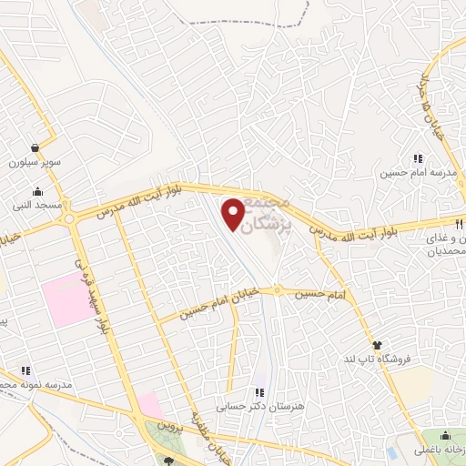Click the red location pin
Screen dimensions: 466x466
click(x=234, y=215)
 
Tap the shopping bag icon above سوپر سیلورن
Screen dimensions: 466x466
click(x=35, y=147)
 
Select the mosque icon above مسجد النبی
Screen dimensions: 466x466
click(x=37, y=192)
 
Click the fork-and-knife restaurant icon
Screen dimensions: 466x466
click(x=459, y=223)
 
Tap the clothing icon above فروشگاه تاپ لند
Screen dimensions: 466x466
click(x=377, y=344)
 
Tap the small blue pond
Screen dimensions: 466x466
click(x=391, y=452)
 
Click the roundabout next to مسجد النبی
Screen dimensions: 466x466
click(x=75, y=217)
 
